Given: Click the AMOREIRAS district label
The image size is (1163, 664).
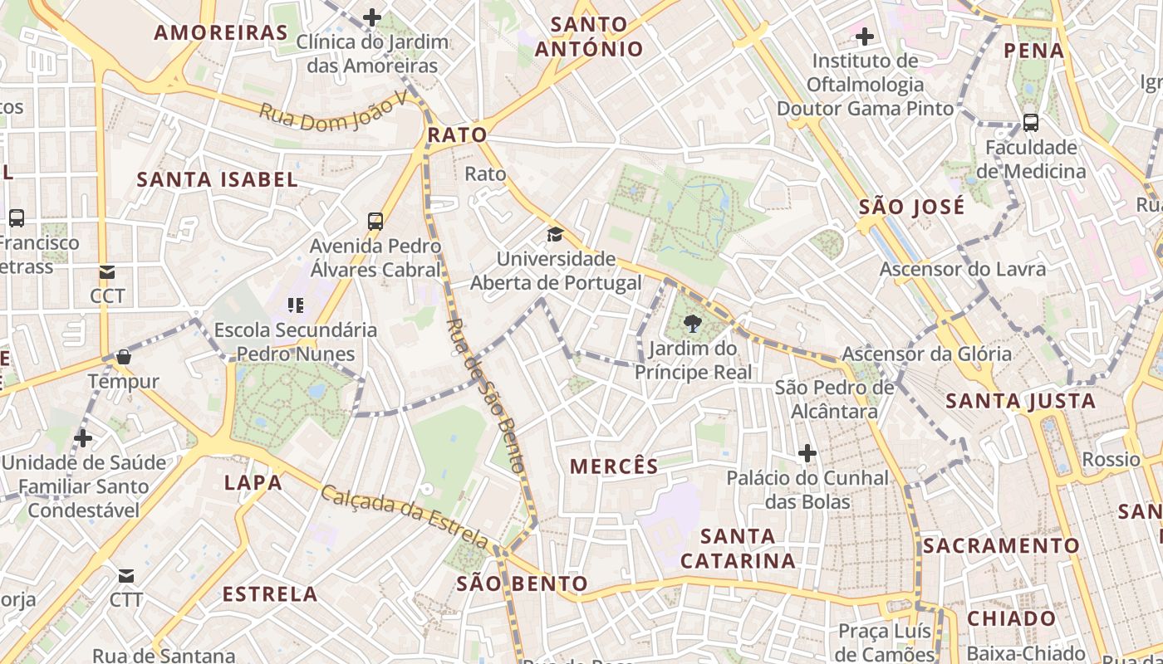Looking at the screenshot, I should (x=221, y=33).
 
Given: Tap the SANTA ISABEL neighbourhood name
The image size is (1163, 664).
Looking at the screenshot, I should (x=217, y=179).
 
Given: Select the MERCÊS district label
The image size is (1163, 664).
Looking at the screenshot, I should (x=614, y=466).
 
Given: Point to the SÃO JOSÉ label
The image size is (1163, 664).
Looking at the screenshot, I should (x=911, y=207).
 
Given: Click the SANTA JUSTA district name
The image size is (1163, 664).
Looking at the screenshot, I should (x=1021, y=402).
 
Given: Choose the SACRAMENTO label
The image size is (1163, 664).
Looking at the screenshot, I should (x=1001, y=546).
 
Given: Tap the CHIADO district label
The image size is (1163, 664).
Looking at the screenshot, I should (x=1011, y=618).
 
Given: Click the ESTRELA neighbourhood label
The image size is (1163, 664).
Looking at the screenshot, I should (x=270, y=594).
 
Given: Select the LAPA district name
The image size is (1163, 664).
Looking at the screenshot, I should (x=253, y=482).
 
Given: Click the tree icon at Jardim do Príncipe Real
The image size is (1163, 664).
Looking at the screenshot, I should (x=692, y=323).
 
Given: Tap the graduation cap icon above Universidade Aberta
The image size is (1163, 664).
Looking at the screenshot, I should (x=555, y=234).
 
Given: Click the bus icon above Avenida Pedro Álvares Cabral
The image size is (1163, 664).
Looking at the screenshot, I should (x=375, y=221).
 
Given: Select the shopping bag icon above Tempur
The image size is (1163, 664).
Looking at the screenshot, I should (x=124, y=357).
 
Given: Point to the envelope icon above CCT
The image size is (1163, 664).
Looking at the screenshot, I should (x=107, y=271).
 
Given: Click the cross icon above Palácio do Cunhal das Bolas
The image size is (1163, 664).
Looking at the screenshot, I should (x=807, y=453).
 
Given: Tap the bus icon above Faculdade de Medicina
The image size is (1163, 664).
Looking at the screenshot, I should (x=1031, y=123).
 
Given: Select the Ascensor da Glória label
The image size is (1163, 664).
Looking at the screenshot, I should (x=926, y=354).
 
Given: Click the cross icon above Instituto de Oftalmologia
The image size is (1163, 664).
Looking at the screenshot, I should (x=865, y=37).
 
